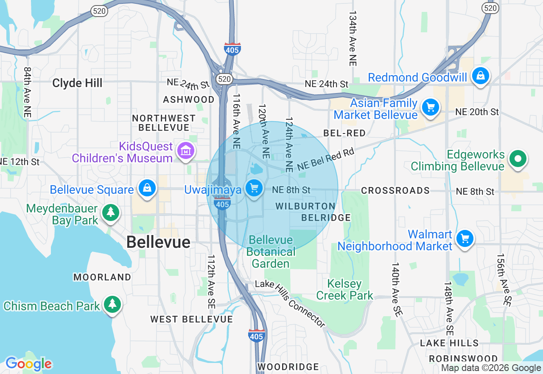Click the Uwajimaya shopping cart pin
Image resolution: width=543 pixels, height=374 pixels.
[254, 187]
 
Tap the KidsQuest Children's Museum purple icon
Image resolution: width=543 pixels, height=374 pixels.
[185, 150]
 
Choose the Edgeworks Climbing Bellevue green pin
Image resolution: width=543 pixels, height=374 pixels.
[518, 159]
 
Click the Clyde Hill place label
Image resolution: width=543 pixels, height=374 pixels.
[77, 83]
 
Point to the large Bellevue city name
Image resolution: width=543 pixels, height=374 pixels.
[158, 242]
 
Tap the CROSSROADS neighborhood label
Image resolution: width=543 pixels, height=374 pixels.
[395, 190]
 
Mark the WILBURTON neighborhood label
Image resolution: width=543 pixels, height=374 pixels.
[305, 206]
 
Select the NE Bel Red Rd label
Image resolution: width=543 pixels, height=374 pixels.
[325, 160]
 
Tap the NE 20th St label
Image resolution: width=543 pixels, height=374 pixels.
[477, 112]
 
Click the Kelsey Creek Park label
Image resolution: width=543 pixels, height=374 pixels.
[344, 289]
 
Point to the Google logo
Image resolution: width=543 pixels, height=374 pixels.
[28, 364]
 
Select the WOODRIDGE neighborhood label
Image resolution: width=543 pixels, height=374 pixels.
[288, 366]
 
